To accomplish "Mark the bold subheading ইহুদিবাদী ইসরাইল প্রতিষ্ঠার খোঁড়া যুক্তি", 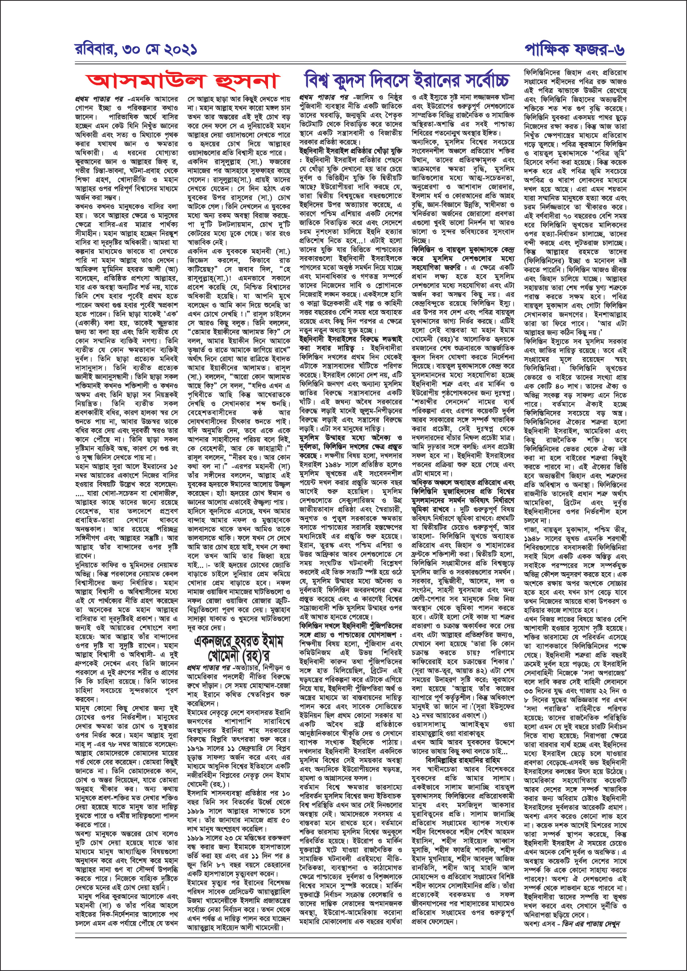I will tap(350, 151).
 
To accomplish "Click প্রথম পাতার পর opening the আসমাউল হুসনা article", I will tap(99, 99).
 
